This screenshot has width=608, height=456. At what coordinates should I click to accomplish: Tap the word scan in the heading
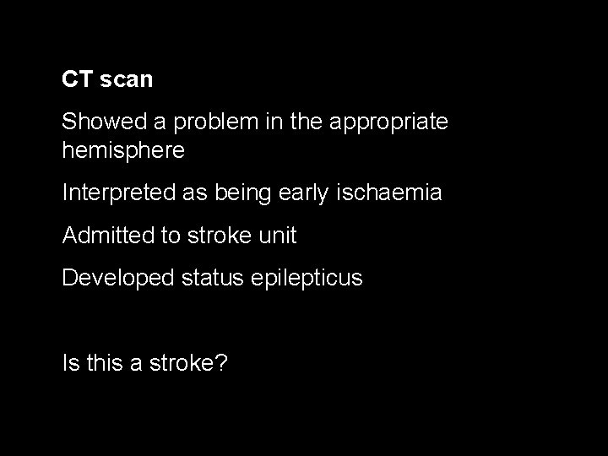[x=126, y=80]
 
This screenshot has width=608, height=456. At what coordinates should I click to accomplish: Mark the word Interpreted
[x=118, y=193]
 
